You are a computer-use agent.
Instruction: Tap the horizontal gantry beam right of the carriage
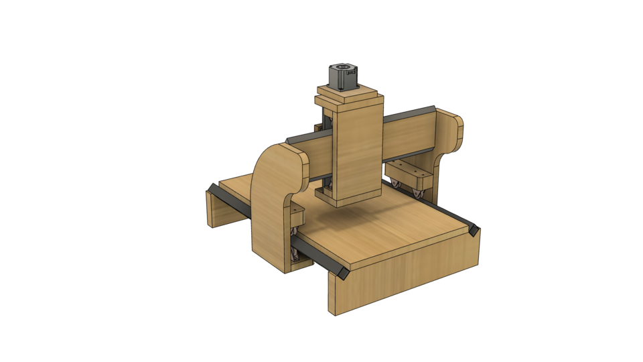[x=409, y=134]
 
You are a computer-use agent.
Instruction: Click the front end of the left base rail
[x=342, y=274]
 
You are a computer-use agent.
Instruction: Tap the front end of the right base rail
[x=475, y=231]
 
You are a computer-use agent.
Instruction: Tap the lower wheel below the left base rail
[x=294, y=254]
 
